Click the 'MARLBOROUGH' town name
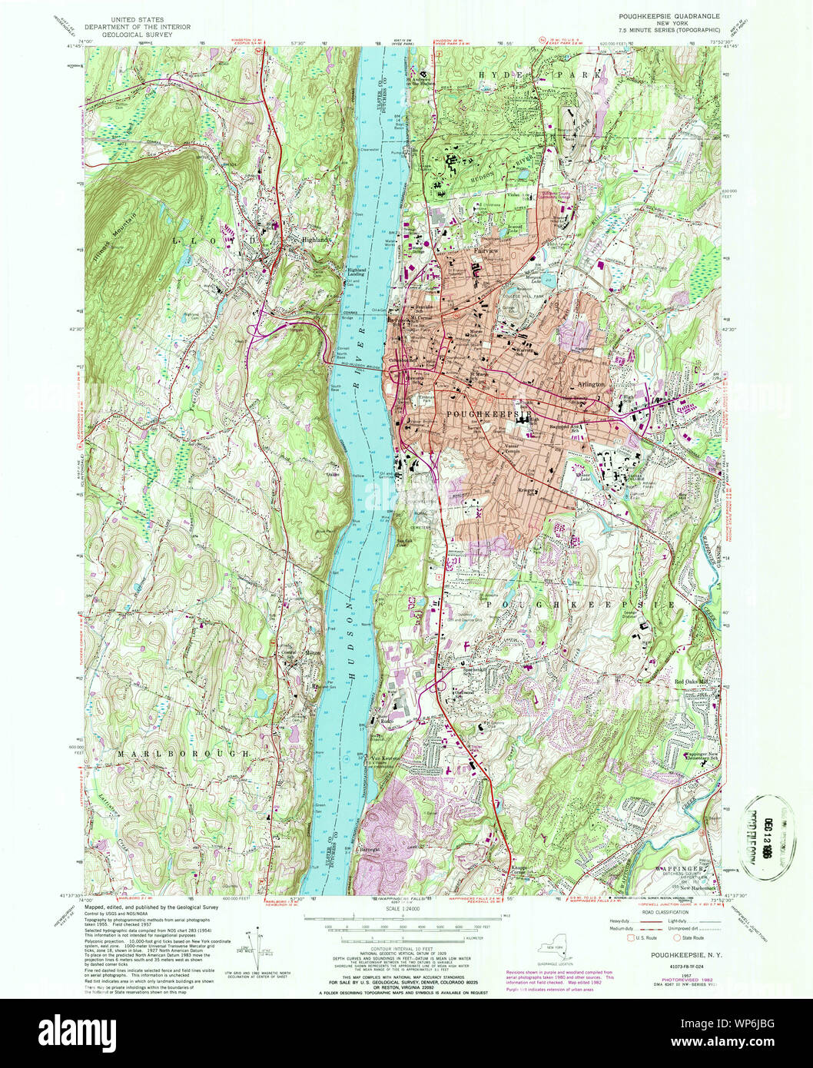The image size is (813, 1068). coord(184,754)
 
